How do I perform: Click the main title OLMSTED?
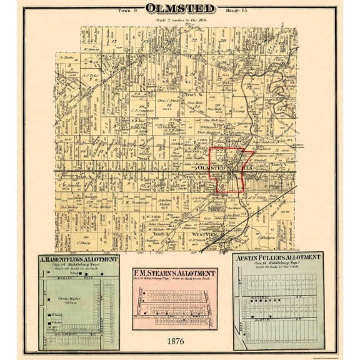[181, 9]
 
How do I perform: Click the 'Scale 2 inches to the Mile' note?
[181, 20]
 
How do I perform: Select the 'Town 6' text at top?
[127, 11]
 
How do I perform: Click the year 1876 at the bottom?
[174, 342]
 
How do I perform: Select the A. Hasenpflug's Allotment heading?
[78, 259]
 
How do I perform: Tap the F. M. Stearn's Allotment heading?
[174, 274]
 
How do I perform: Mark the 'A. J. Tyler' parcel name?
[93, 74]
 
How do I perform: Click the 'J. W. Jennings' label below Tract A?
[136, 201]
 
